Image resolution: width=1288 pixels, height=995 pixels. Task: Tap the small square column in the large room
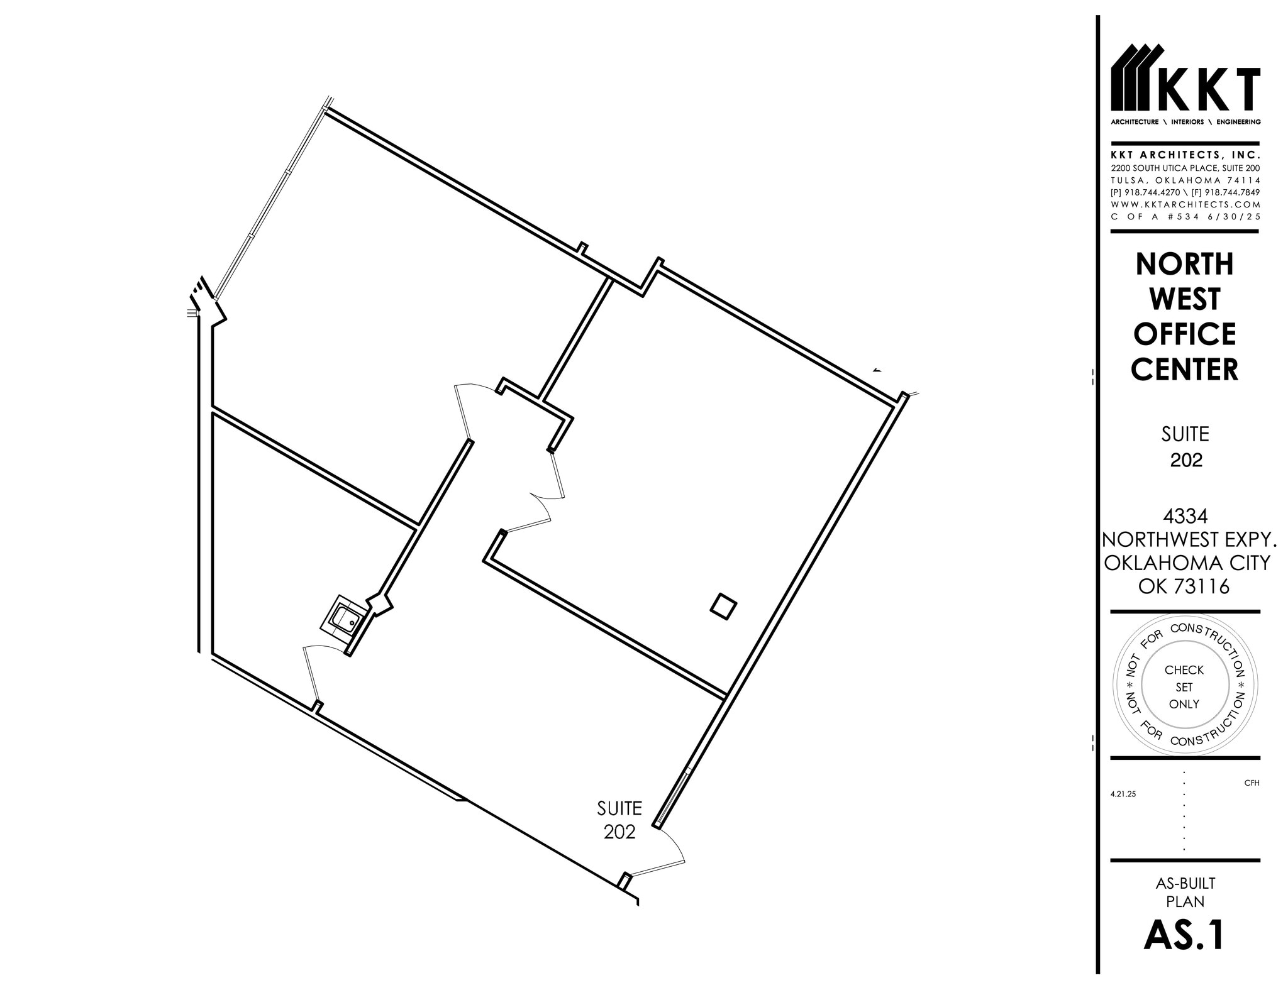723,606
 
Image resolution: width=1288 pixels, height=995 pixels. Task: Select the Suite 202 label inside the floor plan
619,820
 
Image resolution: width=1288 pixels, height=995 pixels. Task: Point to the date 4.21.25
1123,794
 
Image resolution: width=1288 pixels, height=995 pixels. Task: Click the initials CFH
1252,783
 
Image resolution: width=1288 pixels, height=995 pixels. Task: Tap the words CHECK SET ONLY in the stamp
1184,687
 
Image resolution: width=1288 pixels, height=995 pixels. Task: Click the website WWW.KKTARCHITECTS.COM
1185,205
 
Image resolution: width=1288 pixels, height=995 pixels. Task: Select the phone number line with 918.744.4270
1185,193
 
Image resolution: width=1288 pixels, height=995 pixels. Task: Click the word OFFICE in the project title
1185,334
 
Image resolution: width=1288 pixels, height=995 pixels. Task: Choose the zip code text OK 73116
1185,586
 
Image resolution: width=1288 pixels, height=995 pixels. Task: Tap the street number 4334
1185,517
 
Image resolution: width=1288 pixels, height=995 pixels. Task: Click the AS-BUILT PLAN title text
1185,893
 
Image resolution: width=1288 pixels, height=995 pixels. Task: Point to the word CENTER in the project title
1185,370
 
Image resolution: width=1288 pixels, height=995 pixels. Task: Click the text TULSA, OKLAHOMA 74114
1185,181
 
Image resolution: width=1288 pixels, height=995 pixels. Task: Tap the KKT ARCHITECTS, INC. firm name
1185,155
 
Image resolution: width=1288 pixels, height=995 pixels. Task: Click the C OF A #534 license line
1185,217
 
